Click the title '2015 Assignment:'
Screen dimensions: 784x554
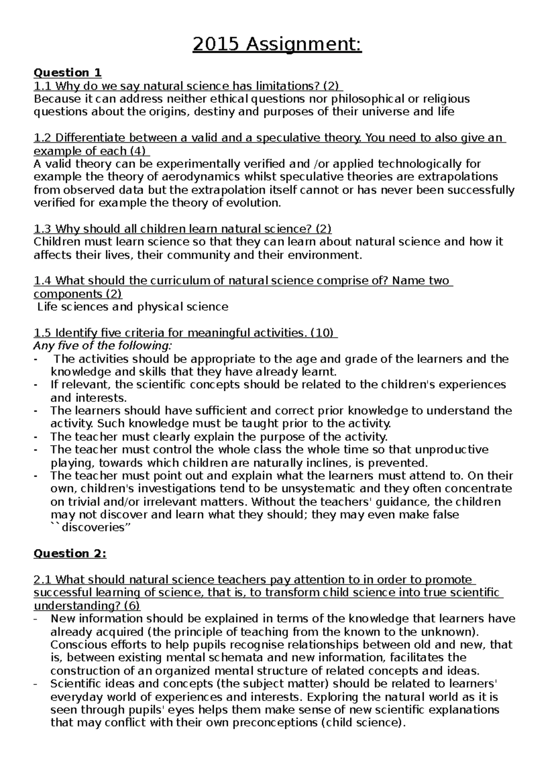pos(277,45)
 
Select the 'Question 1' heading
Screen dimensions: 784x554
pos(67,72)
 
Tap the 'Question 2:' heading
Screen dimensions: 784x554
pos(70,554)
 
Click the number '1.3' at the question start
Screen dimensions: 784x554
pos(43,229)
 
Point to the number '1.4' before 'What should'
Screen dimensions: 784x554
pos(43,281)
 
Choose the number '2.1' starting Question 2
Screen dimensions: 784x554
pos(43,579)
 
